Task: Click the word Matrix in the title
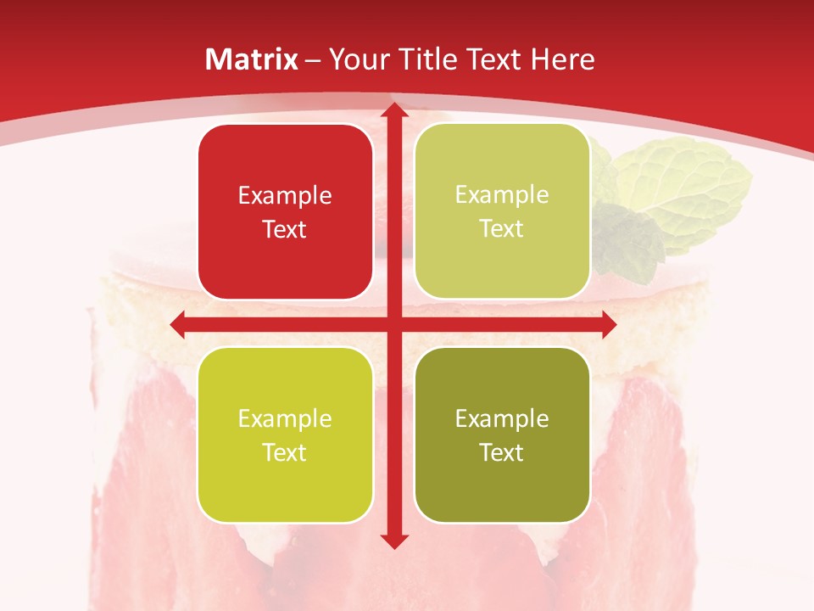coord(252,59)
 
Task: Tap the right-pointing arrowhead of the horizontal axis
coord(607,324)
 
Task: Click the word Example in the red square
coord(285,196)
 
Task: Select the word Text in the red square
coord(285,229)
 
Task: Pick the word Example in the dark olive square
coord(502,418)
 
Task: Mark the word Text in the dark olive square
coord(502,452)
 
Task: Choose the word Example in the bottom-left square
coord(285,418)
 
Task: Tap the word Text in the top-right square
coord(502,228)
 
